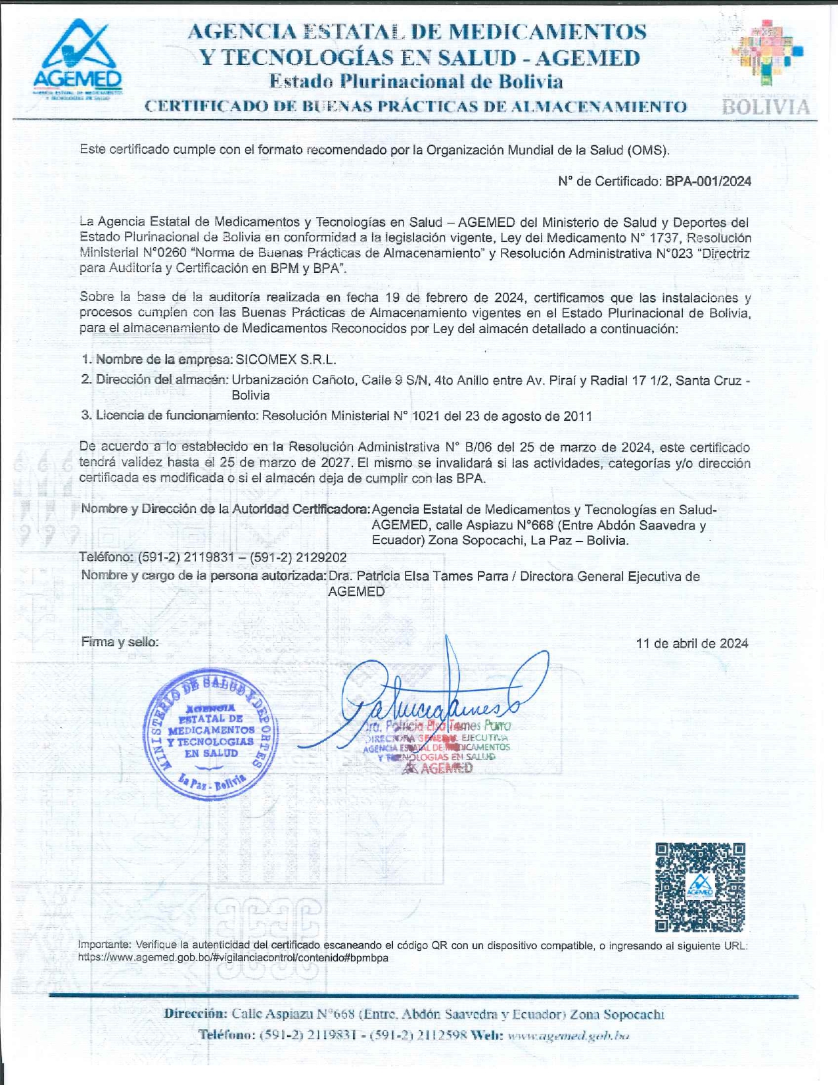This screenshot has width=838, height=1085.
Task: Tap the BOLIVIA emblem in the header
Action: pos(766,69)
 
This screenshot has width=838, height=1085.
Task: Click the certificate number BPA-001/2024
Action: pos(708,181)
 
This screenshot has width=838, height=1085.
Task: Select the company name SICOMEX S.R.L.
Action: pos(286,360)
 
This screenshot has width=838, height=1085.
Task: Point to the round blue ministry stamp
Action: pos(211,735)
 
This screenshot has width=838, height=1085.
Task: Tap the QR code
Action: pos(700,887)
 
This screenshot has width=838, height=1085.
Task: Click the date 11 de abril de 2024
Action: pos(691,643)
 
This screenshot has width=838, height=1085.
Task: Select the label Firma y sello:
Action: pos(120,642)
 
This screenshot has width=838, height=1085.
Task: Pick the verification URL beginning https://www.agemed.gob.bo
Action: pos(233,958)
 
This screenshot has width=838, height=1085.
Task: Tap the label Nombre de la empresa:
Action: pos(164,360)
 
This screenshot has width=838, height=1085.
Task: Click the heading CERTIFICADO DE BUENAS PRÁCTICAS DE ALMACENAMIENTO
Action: pos(415,107)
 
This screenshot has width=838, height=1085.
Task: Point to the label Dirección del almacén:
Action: pos(162,379)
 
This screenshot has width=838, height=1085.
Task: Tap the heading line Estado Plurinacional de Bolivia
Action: pos(416,82)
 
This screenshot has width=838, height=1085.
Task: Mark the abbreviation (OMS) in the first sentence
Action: pos(648,150)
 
